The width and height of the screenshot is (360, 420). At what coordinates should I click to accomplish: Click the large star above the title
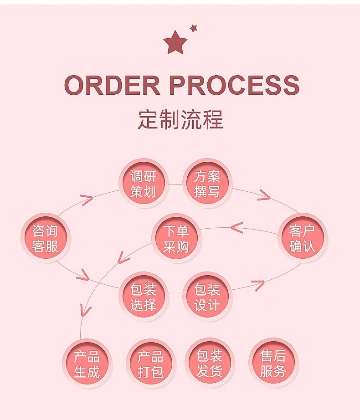175,42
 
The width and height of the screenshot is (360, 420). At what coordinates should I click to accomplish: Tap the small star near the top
194,28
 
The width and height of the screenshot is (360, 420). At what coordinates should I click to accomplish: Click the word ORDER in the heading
112,85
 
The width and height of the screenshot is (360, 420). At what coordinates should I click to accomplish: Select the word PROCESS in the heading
234,85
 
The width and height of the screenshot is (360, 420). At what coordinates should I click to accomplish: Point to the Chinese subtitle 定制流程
180,119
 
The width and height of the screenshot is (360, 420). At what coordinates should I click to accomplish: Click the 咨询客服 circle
46,238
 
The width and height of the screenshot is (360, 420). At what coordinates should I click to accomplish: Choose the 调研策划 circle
144,184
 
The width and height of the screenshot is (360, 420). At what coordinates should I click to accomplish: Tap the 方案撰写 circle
207,184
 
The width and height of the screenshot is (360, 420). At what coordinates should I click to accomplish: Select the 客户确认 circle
302,238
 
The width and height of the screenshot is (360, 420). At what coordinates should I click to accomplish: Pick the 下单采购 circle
176,238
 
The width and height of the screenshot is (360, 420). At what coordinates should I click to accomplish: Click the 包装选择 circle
144,297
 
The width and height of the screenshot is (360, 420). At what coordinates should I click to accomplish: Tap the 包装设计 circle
207,297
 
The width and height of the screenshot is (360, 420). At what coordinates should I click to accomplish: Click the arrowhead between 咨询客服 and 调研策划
87,200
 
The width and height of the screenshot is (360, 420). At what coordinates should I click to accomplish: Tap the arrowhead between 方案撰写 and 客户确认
263,195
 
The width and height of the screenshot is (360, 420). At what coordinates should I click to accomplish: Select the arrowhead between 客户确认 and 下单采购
237,226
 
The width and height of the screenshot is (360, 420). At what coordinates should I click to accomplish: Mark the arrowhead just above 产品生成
84,310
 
